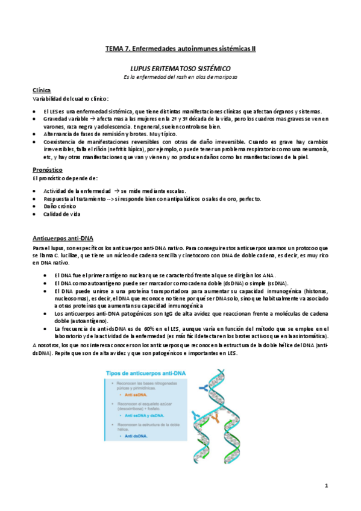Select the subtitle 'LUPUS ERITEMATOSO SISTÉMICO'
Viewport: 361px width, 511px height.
[x=181, y=69]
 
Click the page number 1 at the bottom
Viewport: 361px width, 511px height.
[x=325, y=485]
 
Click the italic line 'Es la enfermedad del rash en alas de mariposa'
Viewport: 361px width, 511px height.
[x=181, y=77]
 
